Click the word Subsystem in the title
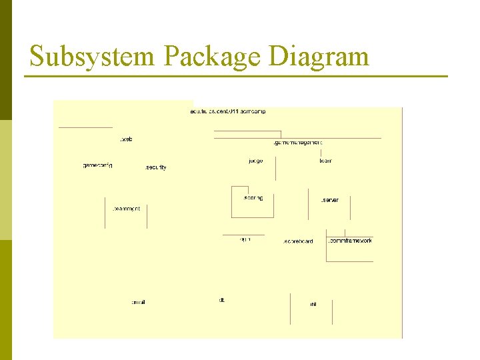[x=92, y=56]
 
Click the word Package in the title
[x=211, y=56]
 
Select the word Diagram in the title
[x=319, y=56]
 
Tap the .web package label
[x=125, y=139]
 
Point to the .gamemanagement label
[x=298, y=142]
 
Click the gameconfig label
[x=97, y=165]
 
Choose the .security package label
[x=156, y=167]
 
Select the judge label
[x=255, y=161]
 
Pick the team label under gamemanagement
[x=325, y=161]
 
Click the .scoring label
[x=253, y=198]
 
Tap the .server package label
[x=329, y=200]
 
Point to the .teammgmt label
[x=127, y=209]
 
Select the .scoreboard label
[x=298, y=241]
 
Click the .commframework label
[x=351, y=240]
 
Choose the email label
[x=138, y=303]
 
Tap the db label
[x=222, y=300]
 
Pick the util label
[x=313, y=304]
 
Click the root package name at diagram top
[x=228, y=111]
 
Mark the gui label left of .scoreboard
[x=245, y=239]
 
